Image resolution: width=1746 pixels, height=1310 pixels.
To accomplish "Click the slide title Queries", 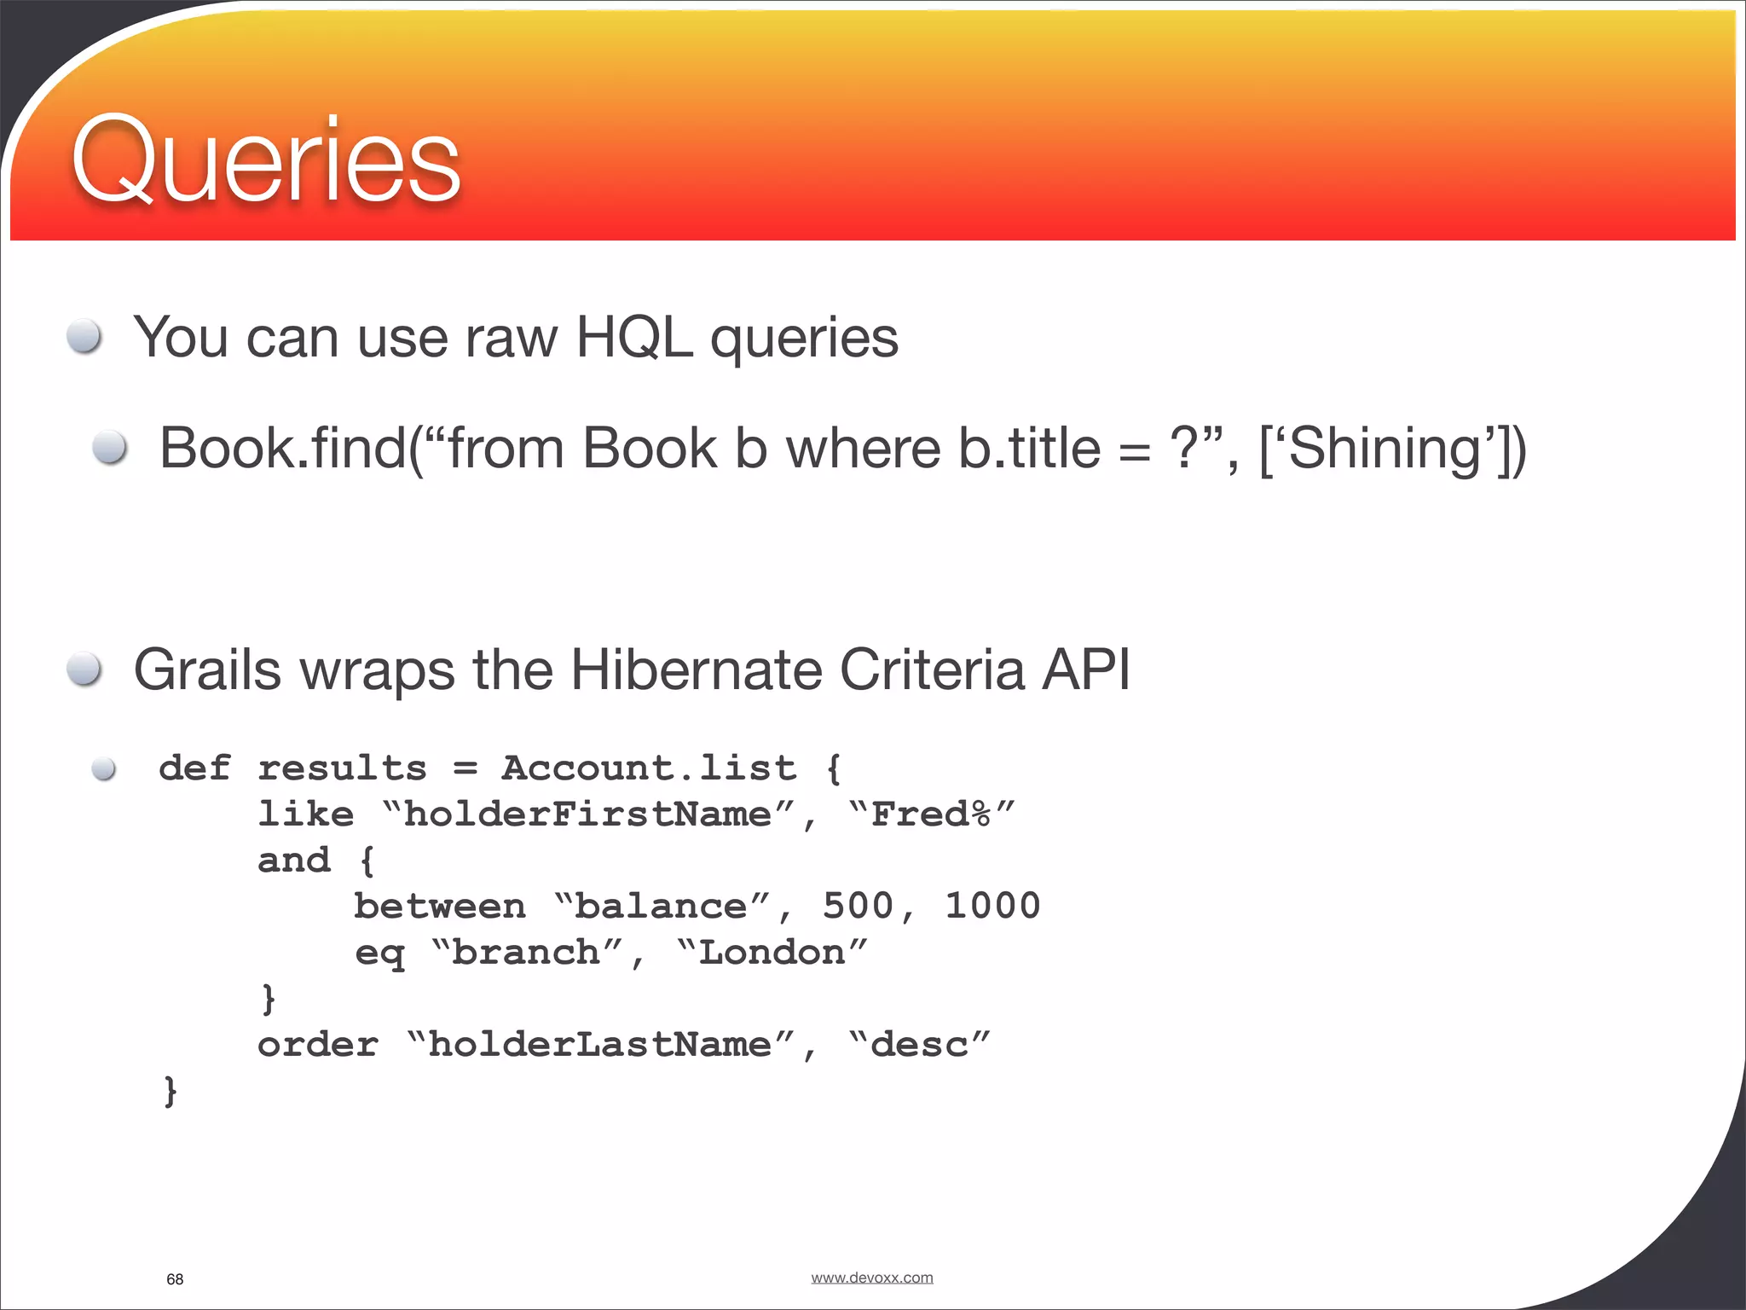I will pyautogui.click(x=265, y=160).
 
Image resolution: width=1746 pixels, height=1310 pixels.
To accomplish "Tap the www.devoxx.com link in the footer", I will pyautogui.click(x=871, y=1278).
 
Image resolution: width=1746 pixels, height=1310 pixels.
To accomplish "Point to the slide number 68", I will pyautogui.click(x=175, y=1279).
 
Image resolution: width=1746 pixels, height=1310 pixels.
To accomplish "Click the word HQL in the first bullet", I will pyautogui.click(x=634, y=337).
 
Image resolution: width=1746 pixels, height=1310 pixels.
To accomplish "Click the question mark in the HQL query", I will pyautogui.click(x=1185, y=448).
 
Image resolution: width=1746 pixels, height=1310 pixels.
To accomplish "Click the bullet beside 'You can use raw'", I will pyautogui.click(x=85, y=336).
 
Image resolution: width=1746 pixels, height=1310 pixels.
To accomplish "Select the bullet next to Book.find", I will pyautogui.click(x=110, y=447).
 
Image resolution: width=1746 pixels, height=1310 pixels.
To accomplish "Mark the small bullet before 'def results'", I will pyautogui.click(x=104, y=769).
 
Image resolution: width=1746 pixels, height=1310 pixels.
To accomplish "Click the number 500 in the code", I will pyautogui.click(x=858, y=906).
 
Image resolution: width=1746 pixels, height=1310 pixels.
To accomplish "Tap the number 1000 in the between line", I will pyautogui.click(x=992, y=906).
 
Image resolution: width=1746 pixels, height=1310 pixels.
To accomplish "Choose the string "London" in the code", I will pyautogui.click(x=772, y=952).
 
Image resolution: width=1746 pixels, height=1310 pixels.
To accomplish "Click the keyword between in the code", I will pyautogui.click(x=440, y=906).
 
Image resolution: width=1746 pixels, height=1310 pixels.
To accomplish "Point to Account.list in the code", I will pyautogui.click(x=649, y=768).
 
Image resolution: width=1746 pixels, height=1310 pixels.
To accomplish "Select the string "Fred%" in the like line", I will pyautogui.click(x=932, y=814).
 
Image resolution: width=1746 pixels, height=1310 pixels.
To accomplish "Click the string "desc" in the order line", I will pyautogui.click(x=920, y=1044).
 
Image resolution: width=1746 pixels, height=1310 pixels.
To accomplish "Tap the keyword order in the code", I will pyautogui.click(x=318, y=1044).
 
